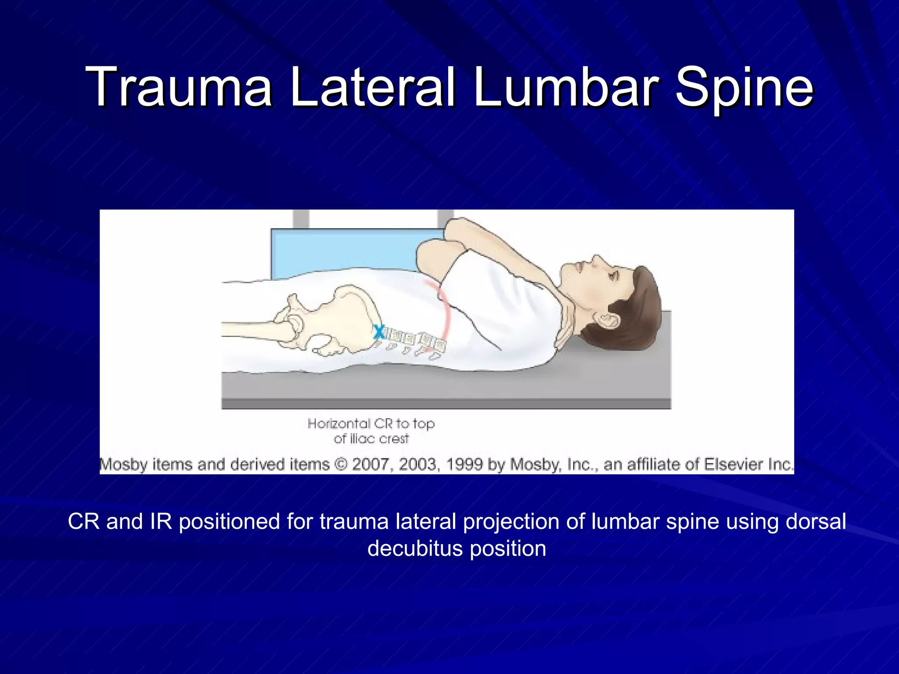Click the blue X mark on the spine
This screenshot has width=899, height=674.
point(378,332)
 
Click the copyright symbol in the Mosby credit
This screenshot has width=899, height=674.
point(341,464)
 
